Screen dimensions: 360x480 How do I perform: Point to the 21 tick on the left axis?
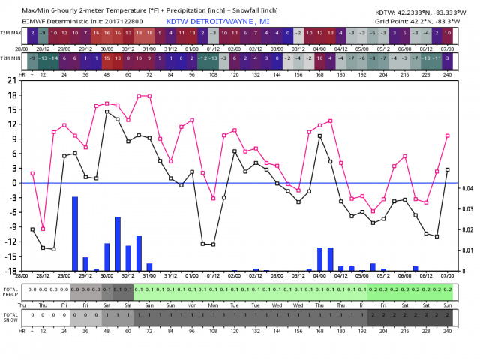point(11,80)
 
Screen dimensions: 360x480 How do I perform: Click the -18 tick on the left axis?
point(10,270)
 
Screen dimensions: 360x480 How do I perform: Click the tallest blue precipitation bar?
point(75,233)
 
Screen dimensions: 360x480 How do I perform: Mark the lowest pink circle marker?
point(43,229)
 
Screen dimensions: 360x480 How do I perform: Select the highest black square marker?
point(107,112)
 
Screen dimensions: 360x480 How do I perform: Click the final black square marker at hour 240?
point(447,169)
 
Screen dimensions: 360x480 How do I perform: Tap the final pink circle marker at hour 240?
point(447,136)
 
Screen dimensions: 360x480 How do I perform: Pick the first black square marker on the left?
point(32,229)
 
